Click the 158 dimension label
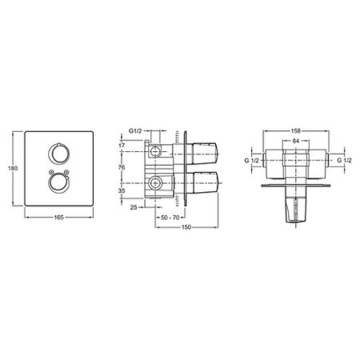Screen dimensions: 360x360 [x=295, y=132]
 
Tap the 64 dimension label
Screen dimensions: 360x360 [x=295, y=142]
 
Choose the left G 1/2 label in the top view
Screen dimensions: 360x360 [x=254, y=161]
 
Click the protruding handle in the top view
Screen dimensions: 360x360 [x=295, y=210]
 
